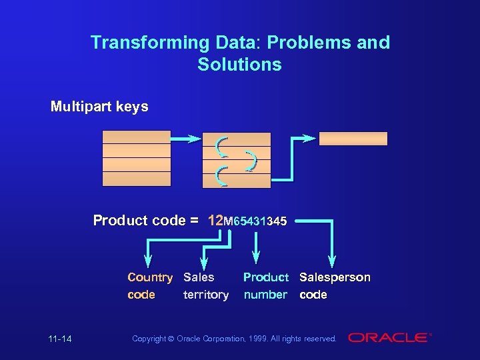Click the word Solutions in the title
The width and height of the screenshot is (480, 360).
[x=239, y=65]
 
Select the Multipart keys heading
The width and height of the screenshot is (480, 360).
[x=99, y=107]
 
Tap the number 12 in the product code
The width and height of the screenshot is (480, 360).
[x=215, y=221]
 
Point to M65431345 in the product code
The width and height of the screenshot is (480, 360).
[x=255, y=221]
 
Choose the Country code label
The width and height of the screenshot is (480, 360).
[x=150, y=285]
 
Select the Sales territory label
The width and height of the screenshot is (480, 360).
[x=205, y=285]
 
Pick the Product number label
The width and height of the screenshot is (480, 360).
[x=265, y=285]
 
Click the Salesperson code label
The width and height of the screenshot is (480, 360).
[x=335, y=285]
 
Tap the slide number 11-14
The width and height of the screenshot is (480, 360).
[x=60, y=339]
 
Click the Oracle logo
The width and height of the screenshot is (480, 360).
[x=389, y=338]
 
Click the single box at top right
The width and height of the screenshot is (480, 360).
[x=353, y=139]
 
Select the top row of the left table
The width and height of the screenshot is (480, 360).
[x=136, y=137]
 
